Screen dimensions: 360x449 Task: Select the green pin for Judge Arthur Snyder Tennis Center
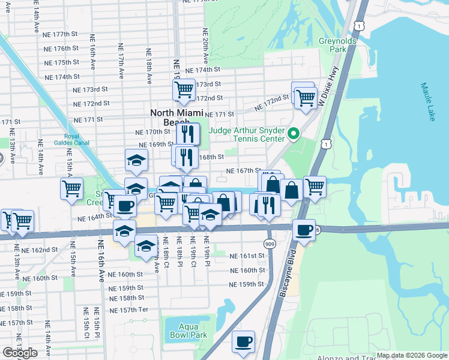(x=294, y=133)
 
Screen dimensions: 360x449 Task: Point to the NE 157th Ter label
(x=128, y=310)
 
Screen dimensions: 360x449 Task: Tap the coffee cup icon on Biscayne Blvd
(x=304, y=229)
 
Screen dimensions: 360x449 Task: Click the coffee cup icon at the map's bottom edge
(x=243, y=341)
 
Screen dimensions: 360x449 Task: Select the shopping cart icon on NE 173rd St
(x=184, y=90)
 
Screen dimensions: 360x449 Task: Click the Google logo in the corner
(x=20, y=353)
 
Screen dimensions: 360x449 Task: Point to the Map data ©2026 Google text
(x=412, y=355)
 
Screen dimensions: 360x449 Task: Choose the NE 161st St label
(x=247, y=256)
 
